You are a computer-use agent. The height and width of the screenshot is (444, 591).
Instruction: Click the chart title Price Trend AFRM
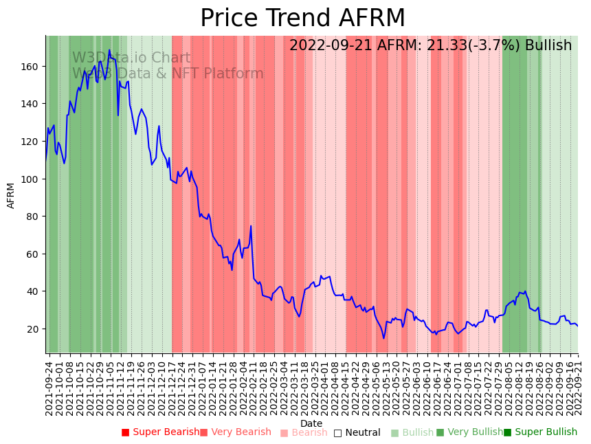(302, 19)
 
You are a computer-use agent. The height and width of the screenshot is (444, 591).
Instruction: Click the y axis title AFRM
(11, 195)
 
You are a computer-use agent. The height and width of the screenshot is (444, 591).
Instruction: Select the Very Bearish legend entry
(236, 432)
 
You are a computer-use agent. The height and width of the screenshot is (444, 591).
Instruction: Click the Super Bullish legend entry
(540, 432)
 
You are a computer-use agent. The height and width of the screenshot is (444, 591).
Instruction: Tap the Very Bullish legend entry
(469, 432)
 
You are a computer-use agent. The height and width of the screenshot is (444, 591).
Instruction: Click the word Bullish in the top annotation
(548, 45)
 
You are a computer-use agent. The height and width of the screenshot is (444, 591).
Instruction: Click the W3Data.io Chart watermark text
(131, 58)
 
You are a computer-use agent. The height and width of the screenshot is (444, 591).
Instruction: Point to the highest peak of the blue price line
(109, 49)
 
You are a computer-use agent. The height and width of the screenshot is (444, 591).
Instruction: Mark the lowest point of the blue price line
(384, 338)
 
